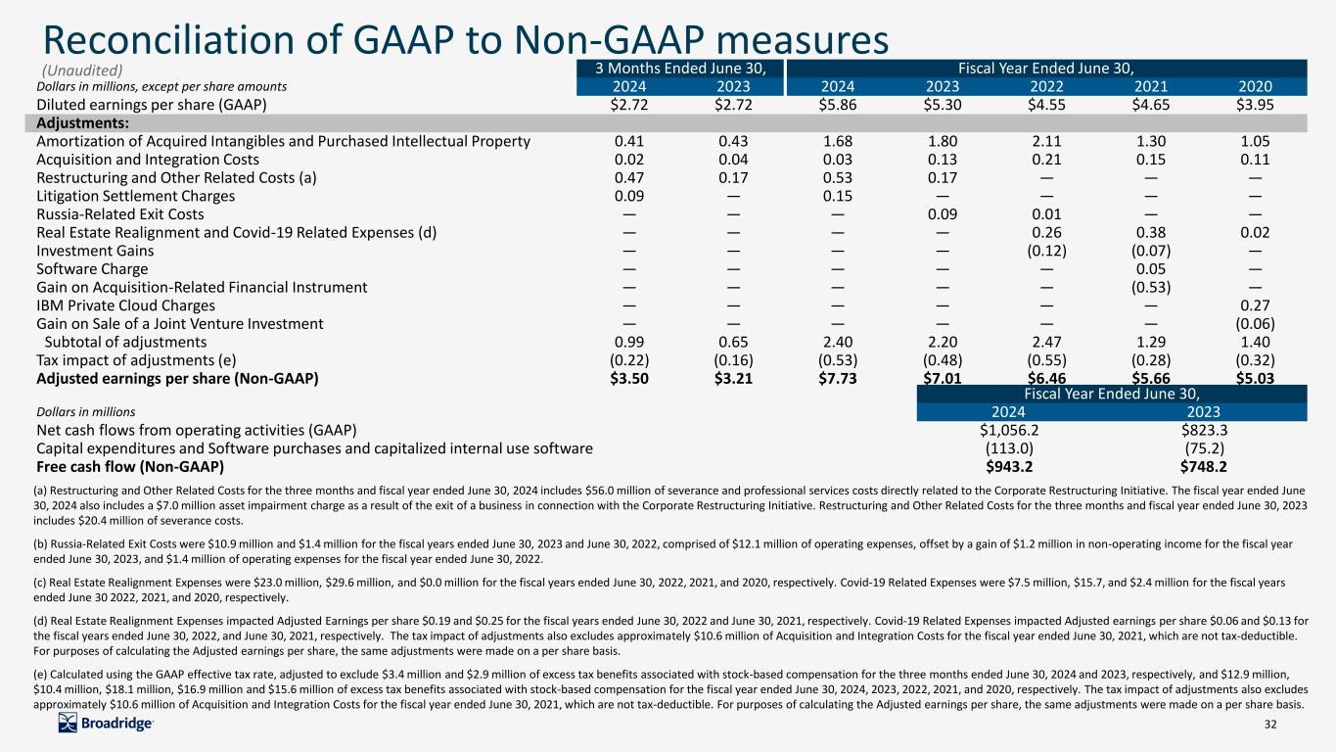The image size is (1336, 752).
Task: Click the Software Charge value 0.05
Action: (x=1151, y=268)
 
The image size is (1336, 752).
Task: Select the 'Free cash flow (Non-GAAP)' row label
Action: (x=130, y=467)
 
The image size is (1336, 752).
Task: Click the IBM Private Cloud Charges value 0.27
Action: (x=1255, y=305)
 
